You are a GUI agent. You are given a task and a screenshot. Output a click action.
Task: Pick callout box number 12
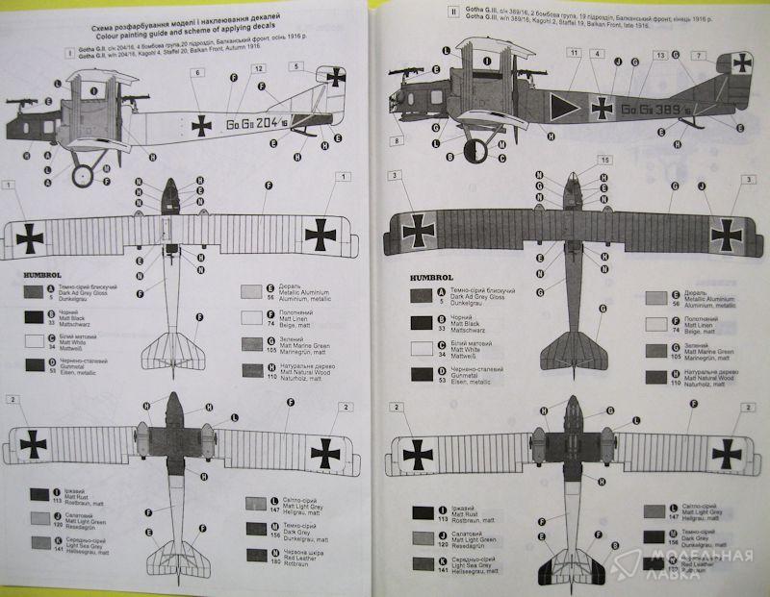258,70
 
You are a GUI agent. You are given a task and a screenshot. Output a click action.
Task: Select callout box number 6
198,73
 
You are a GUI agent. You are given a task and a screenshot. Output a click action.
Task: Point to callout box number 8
397,141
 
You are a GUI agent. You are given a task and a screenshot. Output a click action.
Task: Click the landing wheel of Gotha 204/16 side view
82,175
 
